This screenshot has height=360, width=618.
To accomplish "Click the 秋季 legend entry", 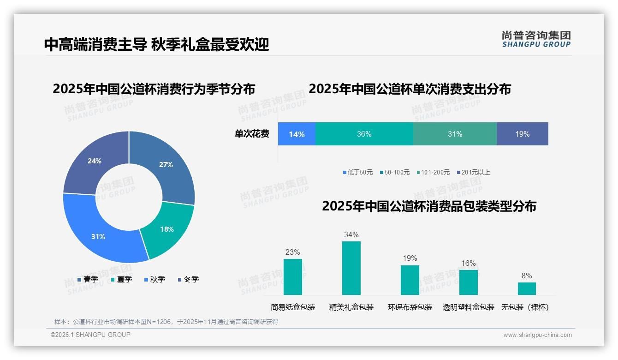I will [x=154, y=280].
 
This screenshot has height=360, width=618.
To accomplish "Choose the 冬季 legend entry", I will [x=188, y=280].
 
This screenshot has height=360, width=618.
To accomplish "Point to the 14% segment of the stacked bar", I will [x=297, y=134].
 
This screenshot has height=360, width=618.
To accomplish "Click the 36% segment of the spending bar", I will [x=364, y=134].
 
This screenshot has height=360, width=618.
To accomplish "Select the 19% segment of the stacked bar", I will [x=522, y=134].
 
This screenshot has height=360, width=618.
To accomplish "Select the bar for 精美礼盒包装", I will [x=351, y=268].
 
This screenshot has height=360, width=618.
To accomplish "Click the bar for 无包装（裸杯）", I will [x=527, y=288].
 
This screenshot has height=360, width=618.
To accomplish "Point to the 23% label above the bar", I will [x=292, y=252].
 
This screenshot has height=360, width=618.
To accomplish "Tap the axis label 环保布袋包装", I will [x=410, y=307].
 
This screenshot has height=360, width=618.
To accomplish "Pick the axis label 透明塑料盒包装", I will [x=468, y=307].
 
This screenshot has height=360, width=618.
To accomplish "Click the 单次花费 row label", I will [x=252, y=134].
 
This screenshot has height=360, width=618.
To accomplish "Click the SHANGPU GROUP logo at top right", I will [x=536, y=39].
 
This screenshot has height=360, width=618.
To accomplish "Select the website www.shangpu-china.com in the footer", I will [x=537, y=335].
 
